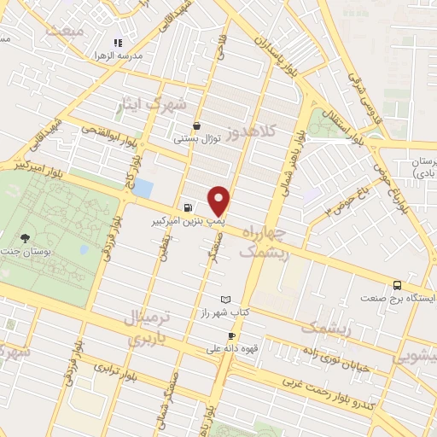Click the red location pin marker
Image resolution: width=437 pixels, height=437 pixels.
click(220, 201)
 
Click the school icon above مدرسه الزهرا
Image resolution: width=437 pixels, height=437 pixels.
click(119, 42)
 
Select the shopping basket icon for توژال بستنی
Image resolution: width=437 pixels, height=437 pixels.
click(197, 125)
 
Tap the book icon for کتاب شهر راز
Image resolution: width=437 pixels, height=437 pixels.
click(225, 300)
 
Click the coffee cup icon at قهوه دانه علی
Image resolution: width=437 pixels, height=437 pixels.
click(231, 335)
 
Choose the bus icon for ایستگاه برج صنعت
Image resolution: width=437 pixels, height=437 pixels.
click(397, 286)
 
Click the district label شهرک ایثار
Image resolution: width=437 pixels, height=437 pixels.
click(156, 104)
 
